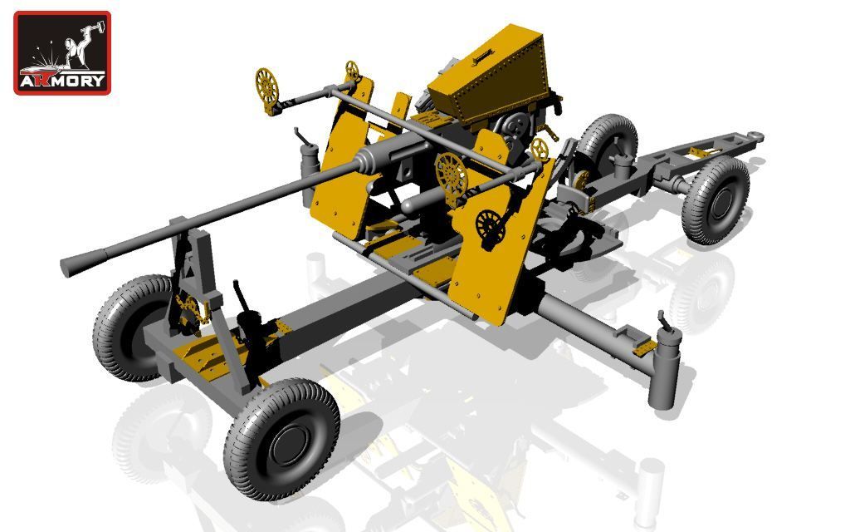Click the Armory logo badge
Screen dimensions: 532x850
[62, 52]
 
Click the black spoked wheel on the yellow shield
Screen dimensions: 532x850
[490, 226]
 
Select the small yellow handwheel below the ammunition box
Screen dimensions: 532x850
[540, 149]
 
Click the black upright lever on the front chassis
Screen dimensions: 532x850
[242, 294]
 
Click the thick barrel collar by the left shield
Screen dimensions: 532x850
[370, 160]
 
